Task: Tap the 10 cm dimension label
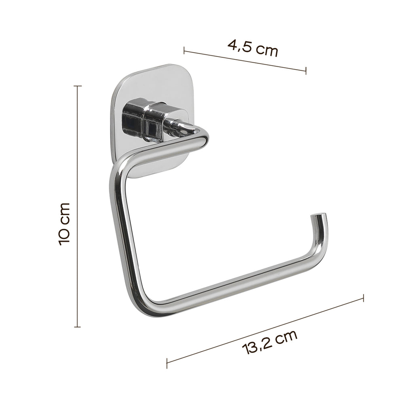[65, 224]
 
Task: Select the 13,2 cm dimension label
[270, 343]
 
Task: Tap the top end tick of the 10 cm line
[77, 86]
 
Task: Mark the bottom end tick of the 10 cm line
[77, 326]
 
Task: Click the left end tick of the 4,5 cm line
[184, 51]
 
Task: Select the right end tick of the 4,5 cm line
[306, 71]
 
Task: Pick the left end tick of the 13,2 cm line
[167, 363]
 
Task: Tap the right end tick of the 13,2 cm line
[363, 298]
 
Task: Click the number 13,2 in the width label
[257, 347]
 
